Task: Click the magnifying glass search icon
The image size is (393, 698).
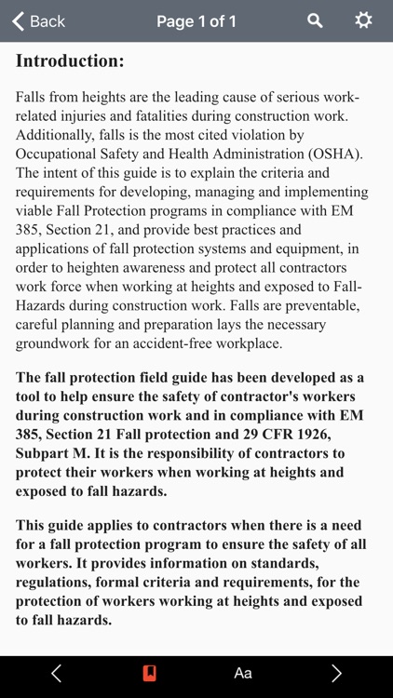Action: click(x=316, y=20)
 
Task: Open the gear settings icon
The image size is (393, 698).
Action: click(x=363, y=20)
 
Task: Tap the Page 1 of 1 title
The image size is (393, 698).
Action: click(x=196, y=20)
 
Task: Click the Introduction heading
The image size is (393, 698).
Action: click(x=70, y=61)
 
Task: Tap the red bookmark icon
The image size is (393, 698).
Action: click(x=149, y=673)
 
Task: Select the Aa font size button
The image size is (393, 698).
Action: click(x=243, y=673)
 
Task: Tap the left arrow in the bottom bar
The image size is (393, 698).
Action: click(x=56, y=673)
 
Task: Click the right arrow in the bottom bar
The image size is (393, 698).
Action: click(x=336, y=673)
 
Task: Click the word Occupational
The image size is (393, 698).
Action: click(x=57, y=154)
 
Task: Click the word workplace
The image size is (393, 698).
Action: click(x=249, y=342)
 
